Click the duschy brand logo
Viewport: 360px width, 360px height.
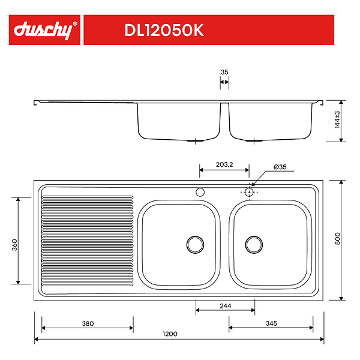(x=44, y=30)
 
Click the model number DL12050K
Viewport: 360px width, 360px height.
(x=164, y=30)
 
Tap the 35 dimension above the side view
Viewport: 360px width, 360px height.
(x=224, y=72)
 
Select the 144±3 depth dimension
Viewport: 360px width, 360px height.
(x=337, y=120)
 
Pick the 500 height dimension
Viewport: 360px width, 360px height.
(x=338, y=239)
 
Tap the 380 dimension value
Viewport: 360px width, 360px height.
(x=88, y=323)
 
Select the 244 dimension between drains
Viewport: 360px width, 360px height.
(x=225, y=306)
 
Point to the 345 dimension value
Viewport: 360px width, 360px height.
(x=271, y=323)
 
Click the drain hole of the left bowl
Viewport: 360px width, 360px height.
(x=195, y=243)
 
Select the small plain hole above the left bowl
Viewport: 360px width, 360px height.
(x=200, y=192)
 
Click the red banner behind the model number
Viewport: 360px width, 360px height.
(x=270, y=30)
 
